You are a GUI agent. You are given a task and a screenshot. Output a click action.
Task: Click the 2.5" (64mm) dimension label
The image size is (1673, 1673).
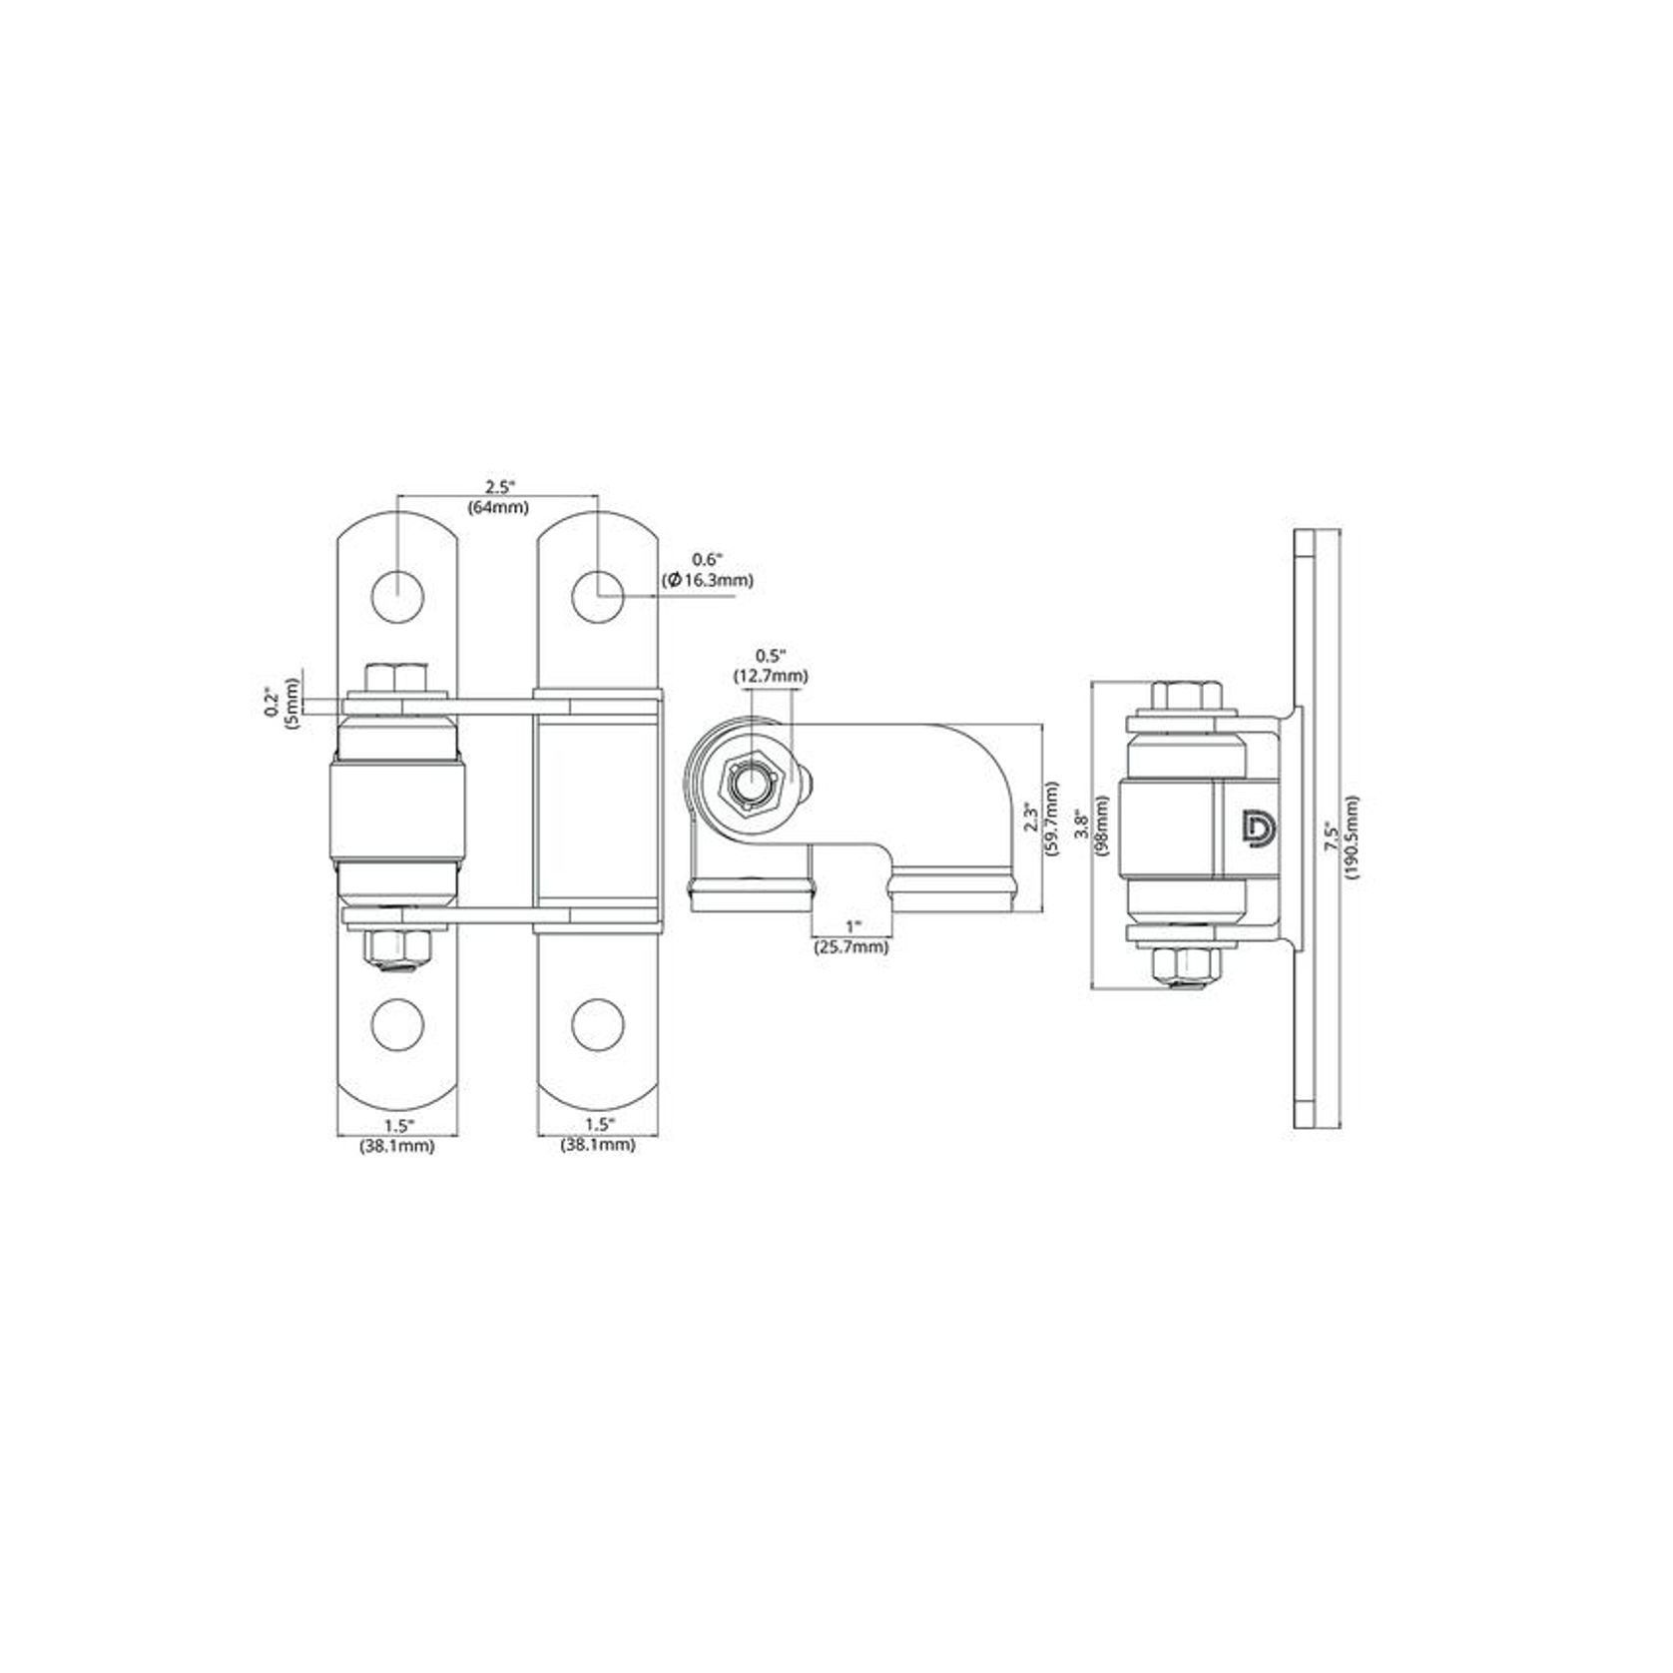tap(498, 497)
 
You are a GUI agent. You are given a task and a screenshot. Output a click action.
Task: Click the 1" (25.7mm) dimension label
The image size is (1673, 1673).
tap(849, 939)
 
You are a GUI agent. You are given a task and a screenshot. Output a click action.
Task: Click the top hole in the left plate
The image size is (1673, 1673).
tap(397, 597)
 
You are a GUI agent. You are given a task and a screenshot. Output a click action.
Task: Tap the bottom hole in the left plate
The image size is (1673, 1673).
tap(397, 1023)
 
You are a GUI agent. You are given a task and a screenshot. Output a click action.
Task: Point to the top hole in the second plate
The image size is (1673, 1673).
tap(598, 597)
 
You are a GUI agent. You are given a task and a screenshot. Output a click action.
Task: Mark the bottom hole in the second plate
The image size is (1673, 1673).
tap(598, 1023)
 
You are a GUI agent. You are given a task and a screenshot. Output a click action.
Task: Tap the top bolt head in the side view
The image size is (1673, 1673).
tap(1186, 695)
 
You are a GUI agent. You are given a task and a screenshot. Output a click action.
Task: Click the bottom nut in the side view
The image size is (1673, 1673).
tap(1186, 964)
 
